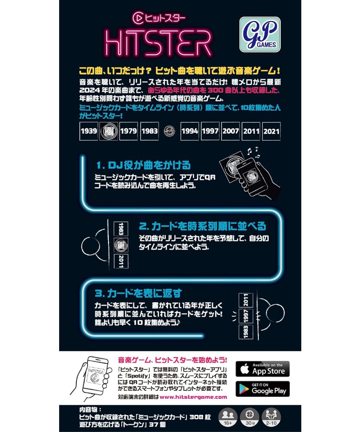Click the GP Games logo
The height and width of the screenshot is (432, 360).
(x=260, y=34)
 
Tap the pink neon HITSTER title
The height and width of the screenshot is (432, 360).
(x=158, y=43)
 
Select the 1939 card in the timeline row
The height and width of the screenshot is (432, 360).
(x=89, y=131)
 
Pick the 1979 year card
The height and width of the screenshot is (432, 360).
(x=128, y=131)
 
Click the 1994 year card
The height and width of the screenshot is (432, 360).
(x=189, y=131)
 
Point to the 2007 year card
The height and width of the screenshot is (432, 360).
(x=230, y=131)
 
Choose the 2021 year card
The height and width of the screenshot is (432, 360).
(x=271, y=131)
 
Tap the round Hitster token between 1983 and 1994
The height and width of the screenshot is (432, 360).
(x=169, y=131)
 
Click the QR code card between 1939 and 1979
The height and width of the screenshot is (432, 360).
(x=108, y=131)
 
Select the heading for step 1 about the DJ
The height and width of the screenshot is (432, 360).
(x=144, y=165)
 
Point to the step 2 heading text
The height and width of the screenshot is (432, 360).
(x=202, y=226)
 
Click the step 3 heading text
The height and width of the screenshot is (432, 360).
(x=138, y=293)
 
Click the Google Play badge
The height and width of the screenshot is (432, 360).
(x=263, y=389)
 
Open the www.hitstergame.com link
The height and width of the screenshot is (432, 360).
(x=193, y=397)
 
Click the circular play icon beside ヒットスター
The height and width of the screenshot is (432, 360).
(x=138, y=18)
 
